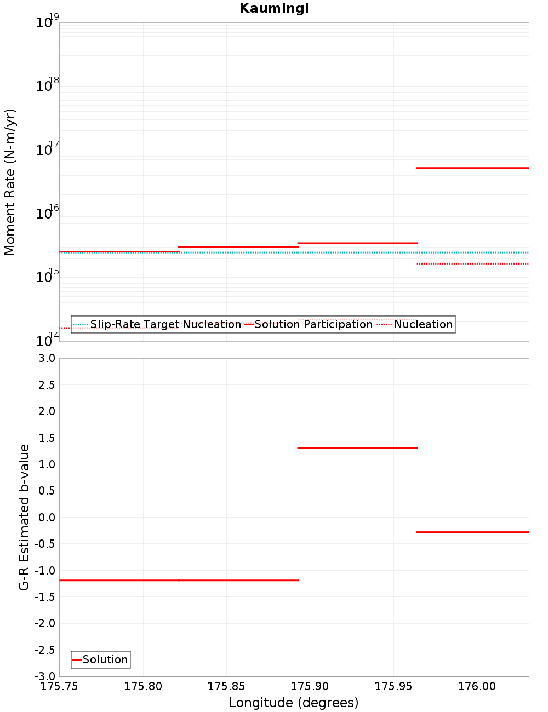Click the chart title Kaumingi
[274, 8]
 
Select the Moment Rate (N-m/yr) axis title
[10, 182]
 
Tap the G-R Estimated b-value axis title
[24, 517]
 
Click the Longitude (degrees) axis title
[294, 703]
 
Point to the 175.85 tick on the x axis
[226, 686]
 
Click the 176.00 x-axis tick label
[477, 686]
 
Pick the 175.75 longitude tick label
[60, 686]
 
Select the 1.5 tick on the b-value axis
[47, 438]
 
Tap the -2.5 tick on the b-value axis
[44, 650]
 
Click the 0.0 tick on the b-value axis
[47, 517]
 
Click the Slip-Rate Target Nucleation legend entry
[157, 324]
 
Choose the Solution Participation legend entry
[309, 324]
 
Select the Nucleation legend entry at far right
[415, 324]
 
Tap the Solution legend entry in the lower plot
[100, 659]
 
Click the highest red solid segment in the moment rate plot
[472, 168]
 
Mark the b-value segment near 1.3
[357, 447]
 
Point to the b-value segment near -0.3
[472, 532]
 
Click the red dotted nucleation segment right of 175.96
[472, 263]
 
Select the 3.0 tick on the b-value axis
[47, 358]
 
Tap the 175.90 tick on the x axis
[310, 686]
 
